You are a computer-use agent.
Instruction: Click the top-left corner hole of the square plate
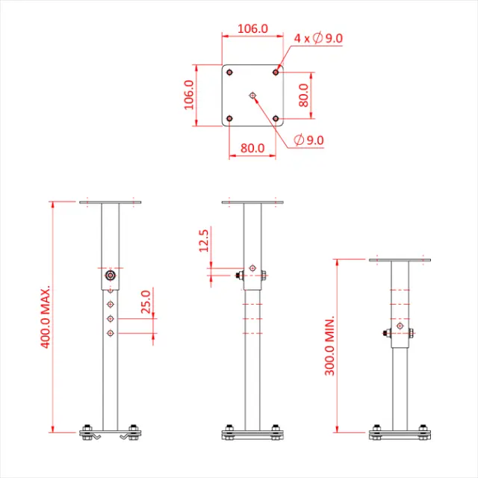(229, 72)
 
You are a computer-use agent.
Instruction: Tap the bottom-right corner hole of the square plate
(276, 119)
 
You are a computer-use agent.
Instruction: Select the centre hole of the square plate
(253, 95)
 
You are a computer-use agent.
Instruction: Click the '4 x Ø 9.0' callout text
(318, 38)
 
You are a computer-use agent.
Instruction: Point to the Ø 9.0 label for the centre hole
(308, 140)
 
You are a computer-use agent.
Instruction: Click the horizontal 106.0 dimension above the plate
(252, 28)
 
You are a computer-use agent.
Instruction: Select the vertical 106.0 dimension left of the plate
(189, 95)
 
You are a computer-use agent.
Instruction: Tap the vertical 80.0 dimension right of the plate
(304, 96)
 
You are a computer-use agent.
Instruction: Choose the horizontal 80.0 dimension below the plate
(252, 148)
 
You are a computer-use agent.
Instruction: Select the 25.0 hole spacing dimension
(146, 306)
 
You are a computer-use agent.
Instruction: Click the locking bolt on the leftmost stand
(111, 275)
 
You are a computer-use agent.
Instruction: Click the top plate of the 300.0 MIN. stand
(400, 261)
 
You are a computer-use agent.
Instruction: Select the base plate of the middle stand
(254, 434)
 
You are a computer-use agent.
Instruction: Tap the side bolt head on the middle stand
(238, 276)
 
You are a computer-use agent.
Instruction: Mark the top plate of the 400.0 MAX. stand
(111, 202)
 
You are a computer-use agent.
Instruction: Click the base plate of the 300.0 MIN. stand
(400, 434)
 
